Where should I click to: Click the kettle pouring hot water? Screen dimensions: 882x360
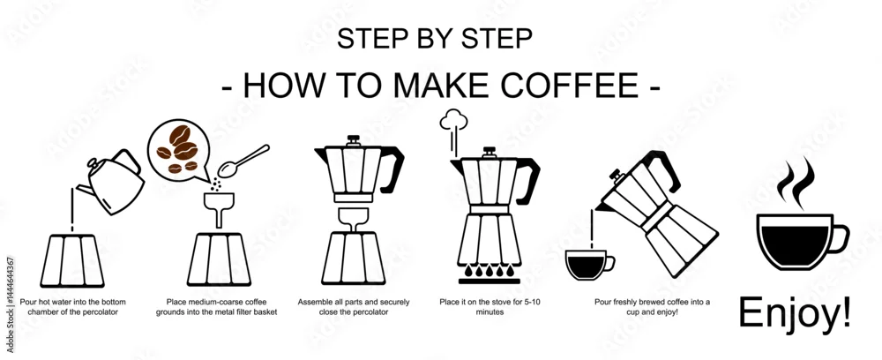pos(113,183)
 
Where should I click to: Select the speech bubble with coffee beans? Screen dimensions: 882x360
pos(179,150)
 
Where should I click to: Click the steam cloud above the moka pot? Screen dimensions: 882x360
pos(454,120)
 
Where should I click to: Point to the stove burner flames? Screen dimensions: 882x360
pos(489,271)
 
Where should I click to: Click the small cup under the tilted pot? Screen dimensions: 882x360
pos(589,265)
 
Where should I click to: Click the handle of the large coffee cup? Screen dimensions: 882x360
pos(841,238)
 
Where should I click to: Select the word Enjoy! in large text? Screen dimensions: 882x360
pos(795,312)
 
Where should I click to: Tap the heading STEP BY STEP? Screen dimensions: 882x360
pos(434,39)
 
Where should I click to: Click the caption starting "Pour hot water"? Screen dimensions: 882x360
pos(73,306)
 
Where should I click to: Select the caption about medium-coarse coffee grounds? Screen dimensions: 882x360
pos(217,306)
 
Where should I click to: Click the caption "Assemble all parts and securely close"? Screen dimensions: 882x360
pos(354,306)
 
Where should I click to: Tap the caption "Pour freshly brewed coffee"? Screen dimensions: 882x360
pos(652,306)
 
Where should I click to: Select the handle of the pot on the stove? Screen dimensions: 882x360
pos(527,180)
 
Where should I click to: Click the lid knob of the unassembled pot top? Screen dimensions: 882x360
pos(354,139)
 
